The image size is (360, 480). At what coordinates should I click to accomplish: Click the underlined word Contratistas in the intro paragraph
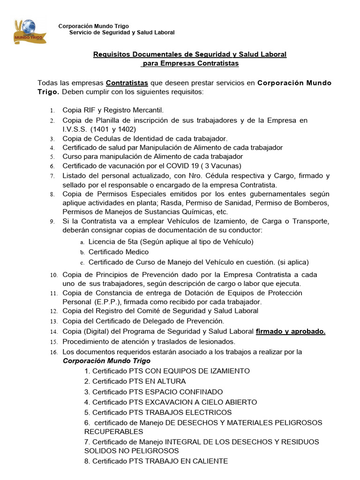(x=127, y=83)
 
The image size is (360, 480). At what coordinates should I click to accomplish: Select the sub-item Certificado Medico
(x=118, y=252)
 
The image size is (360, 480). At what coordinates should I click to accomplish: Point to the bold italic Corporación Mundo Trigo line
(x=106, y=361)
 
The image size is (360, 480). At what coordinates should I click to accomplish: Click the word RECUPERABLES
(x=113, y=431)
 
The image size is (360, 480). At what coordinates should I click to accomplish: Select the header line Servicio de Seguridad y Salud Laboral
(x=122, y=32)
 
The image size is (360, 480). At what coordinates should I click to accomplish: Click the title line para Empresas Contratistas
(x=190, y=63)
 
